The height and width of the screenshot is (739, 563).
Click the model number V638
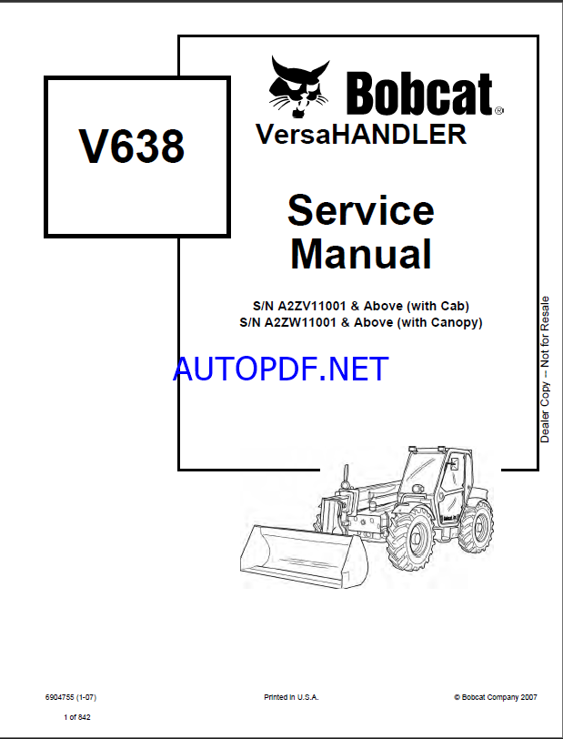click(x=132, y=147)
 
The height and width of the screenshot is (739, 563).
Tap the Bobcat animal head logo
click(x=299, y=87)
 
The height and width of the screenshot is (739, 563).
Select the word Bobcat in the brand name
click(x=421, y=94)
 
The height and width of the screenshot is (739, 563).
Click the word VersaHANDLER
click(x=361, y=134)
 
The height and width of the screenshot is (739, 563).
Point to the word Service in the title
click(x=361, y=210)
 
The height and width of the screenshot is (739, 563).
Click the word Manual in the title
click(x=361, y=254)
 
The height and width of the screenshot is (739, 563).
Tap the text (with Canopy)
click(x=438, y=323)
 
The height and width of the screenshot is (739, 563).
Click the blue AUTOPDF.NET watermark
click(x=281, y=369)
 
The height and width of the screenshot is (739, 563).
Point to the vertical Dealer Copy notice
click(x=545, y=369)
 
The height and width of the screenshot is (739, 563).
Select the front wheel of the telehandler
click(x=410, y=539)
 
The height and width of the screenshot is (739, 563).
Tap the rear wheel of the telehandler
click(x=476, y=526)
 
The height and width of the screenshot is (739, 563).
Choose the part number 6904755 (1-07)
click(x=71, y=697)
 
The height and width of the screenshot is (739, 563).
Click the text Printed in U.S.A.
click(x=291, y=697)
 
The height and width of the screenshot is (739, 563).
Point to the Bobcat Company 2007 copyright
click(x=495, y=697)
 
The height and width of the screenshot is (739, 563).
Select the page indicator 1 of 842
click(x=77, y=717)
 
